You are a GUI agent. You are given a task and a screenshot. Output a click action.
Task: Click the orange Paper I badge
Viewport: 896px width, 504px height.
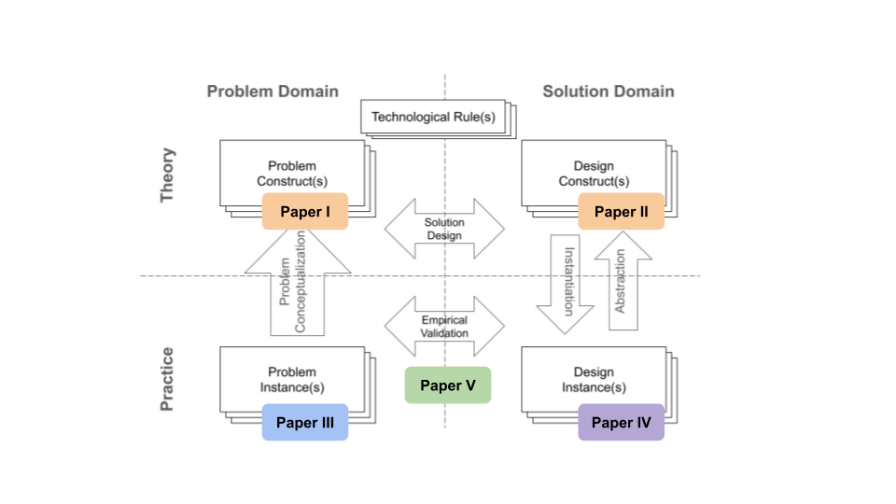304,212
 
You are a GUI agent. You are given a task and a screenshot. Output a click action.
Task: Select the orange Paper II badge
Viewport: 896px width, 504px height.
621,212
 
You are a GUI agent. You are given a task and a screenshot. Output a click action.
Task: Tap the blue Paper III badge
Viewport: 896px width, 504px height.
304,423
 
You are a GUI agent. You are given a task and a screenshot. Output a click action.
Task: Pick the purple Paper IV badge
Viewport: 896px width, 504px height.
621,423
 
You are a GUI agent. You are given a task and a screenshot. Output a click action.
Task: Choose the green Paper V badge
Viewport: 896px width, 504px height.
448,385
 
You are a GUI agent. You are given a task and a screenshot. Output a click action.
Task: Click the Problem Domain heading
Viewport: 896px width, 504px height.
273,91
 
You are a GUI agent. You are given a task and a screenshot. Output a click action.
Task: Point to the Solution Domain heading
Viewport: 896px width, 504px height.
609,91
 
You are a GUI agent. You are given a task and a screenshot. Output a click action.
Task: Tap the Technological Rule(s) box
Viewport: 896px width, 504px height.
433,117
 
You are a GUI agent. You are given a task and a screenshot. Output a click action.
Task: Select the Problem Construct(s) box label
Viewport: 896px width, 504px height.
291,173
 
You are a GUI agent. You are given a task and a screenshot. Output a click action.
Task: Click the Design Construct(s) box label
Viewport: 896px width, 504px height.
594,173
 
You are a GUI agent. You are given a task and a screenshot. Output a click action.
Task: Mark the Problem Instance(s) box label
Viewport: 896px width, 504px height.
291,379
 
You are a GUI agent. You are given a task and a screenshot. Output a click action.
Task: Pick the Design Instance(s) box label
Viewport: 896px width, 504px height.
594,379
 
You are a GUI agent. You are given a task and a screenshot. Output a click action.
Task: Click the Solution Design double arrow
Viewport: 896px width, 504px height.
444,229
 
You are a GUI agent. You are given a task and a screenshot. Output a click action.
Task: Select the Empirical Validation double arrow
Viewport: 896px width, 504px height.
444,326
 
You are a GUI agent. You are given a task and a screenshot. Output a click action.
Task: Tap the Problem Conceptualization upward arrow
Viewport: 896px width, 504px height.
298,285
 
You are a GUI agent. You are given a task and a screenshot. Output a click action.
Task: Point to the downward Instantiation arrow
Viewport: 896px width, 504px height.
566,284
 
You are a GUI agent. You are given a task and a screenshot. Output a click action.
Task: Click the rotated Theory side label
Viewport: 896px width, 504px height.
168,175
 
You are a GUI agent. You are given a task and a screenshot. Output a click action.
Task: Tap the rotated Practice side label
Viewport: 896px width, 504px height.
168,379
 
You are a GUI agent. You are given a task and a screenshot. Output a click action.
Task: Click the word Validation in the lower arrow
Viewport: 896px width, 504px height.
444,332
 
